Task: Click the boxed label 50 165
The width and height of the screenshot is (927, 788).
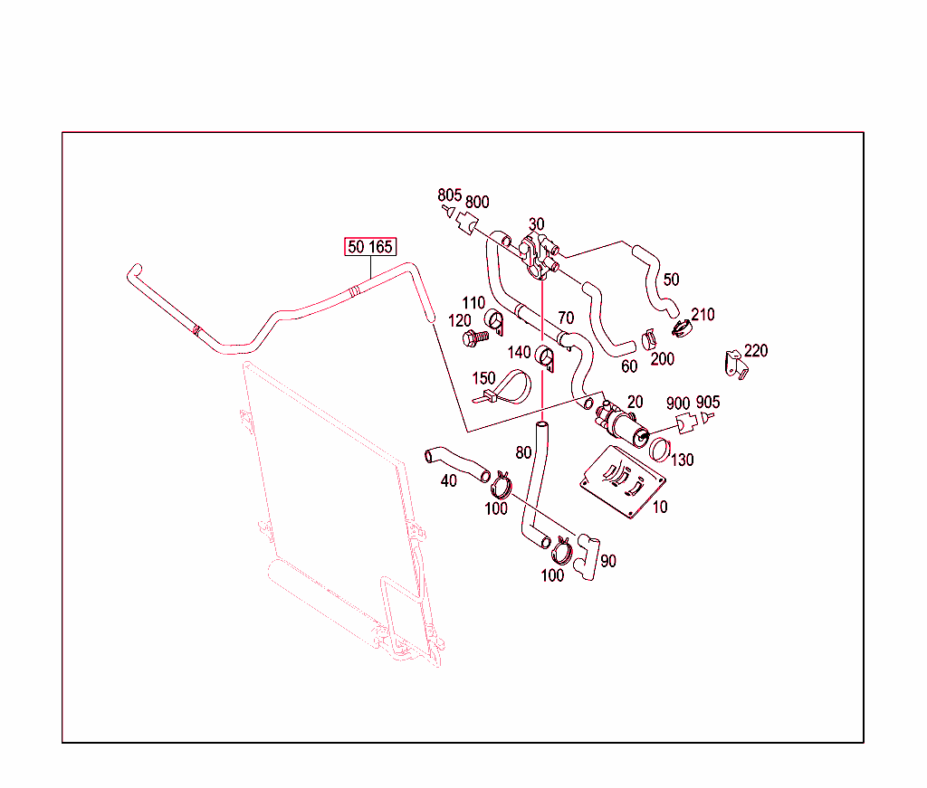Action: coord(369,247)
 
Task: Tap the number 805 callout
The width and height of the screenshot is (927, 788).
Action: coord(449,195)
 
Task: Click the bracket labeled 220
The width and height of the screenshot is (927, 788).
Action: coord(736,365)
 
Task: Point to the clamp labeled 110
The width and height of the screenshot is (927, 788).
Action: coord(495,320)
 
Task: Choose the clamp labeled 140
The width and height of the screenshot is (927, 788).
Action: coord(546,356)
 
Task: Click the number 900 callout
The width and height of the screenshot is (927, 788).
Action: coord(678,403)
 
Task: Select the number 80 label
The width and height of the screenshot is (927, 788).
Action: coord(523,451)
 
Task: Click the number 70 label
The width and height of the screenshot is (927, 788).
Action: coord(566,318)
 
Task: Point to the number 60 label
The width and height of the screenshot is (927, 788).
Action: coord(629,366)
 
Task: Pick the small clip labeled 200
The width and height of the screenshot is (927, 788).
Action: coord(648,340)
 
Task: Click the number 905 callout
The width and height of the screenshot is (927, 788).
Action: coord(709,403)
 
